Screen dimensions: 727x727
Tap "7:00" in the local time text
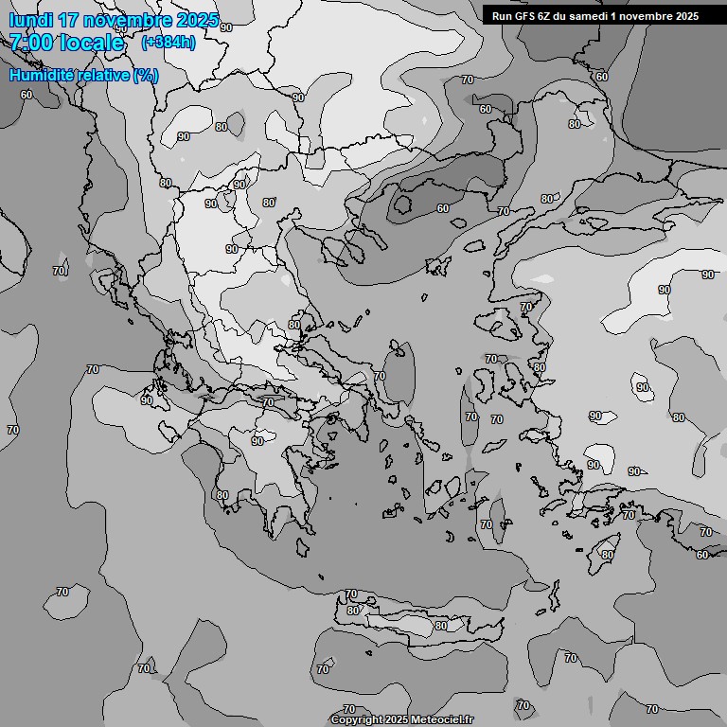[30, 43]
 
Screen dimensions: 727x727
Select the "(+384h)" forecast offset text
[168, 43]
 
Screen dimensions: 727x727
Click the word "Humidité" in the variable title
[38, 75]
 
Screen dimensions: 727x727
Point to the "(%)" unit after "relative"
[146, 75]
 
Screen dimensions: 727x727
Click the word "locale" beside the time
[93, 43]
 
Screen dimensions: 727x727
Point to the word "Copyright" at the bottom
[357, 719]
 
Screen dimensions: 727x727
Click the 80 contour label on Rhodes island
[607, 555]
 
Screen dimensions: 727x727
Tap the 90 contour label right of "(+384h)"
[225, 27]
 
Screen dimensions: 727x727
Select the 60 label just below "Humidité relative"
[26, 95]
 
